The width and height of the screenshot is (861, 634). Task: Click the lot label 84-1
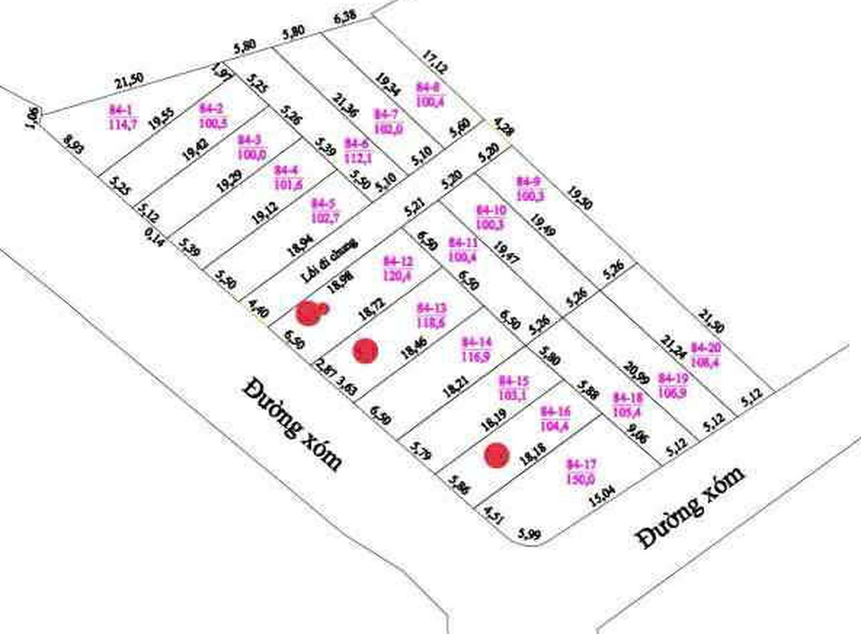pos(121,110)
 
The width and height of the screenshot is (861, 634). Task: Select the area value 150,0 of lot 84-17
pos(579,479)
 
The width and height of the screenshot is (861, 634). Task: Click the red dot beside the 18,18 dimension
pos(495,456)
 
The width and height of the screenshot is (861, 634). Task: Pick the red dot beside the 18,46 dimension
pos(364,350)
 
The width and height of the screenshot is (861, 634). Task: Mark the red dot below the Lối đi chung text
pos(311,313)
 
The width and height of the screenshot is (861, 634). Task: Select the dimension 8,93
pos(74,145)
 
